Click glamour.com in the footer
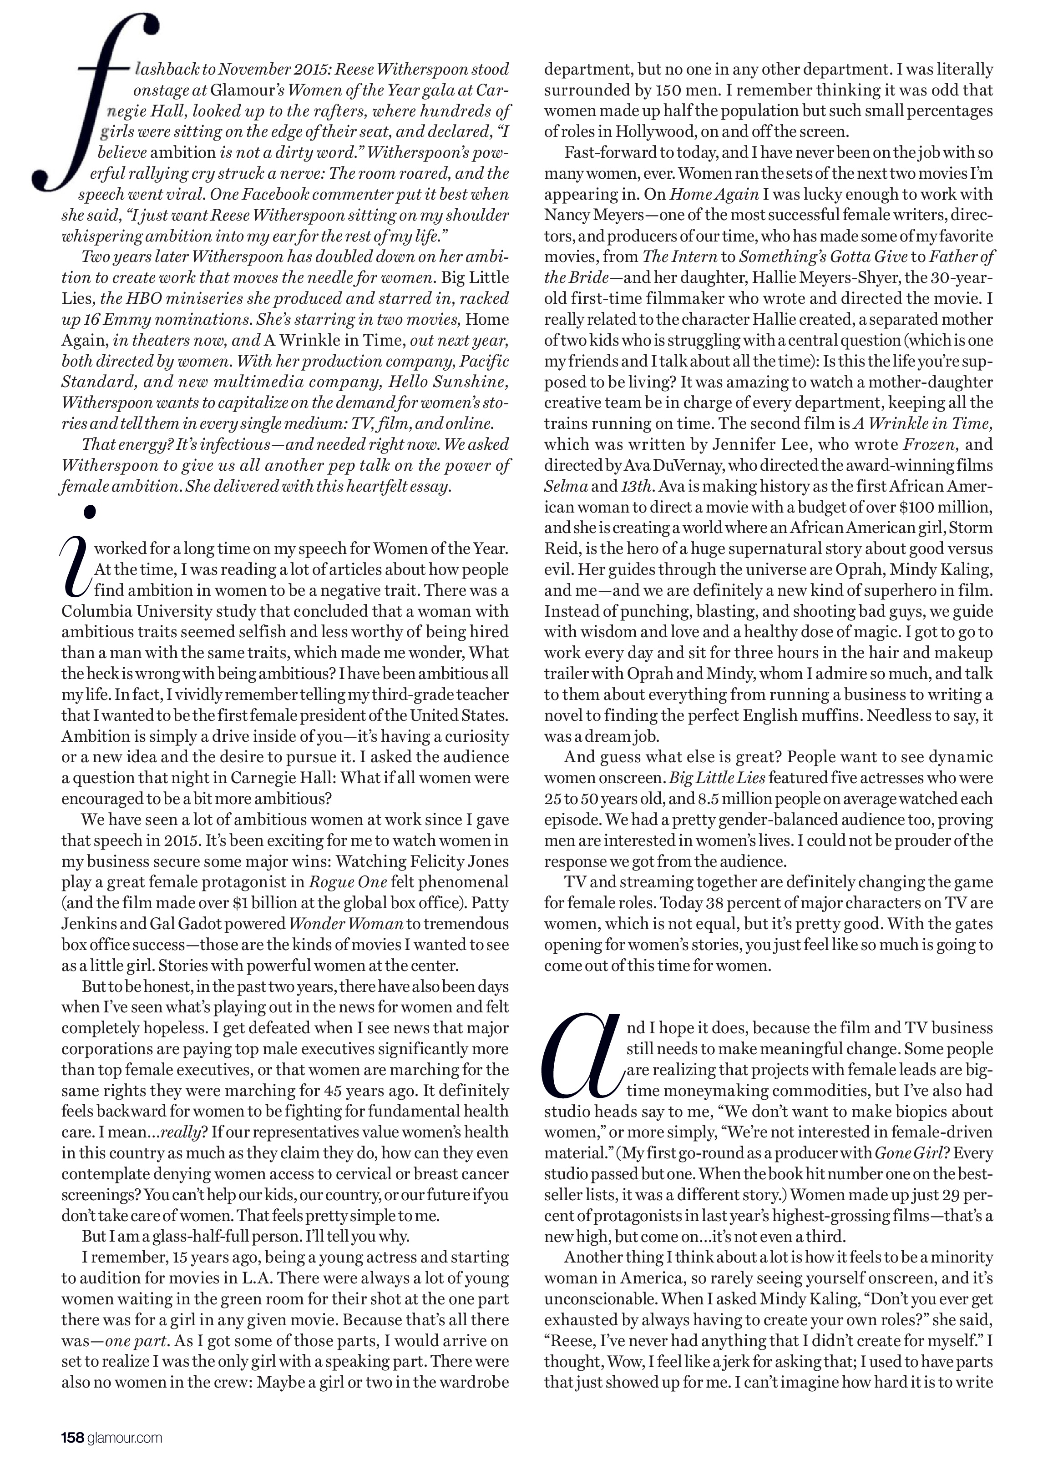point(124,1437)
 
